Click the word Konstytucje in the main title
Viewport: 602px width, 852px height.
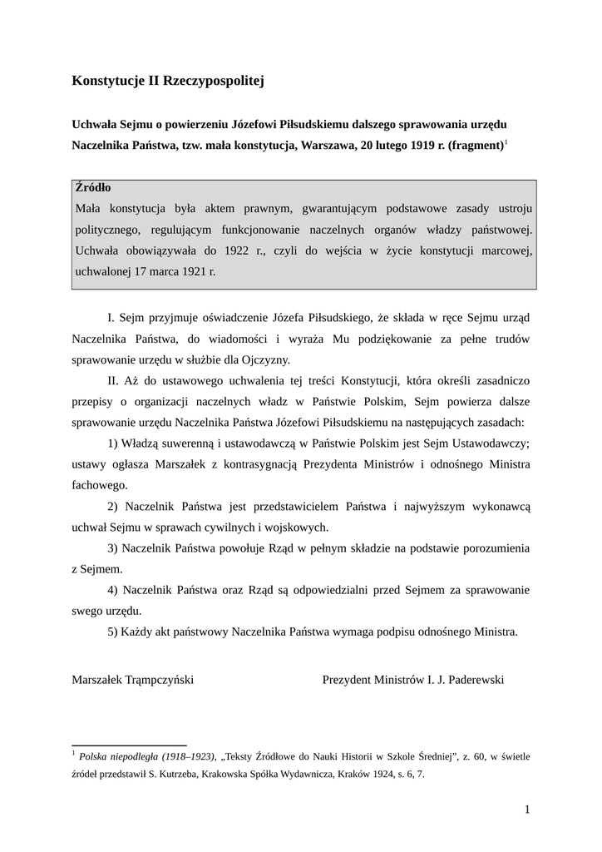tap(108, 81)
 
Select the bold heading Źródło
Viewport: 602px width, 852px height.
tap(93, 188)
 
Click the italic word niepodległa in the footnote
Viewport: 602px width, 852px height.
tap(136, 756)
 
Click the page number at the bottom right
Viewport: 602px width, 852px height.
tap(527, 810)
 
